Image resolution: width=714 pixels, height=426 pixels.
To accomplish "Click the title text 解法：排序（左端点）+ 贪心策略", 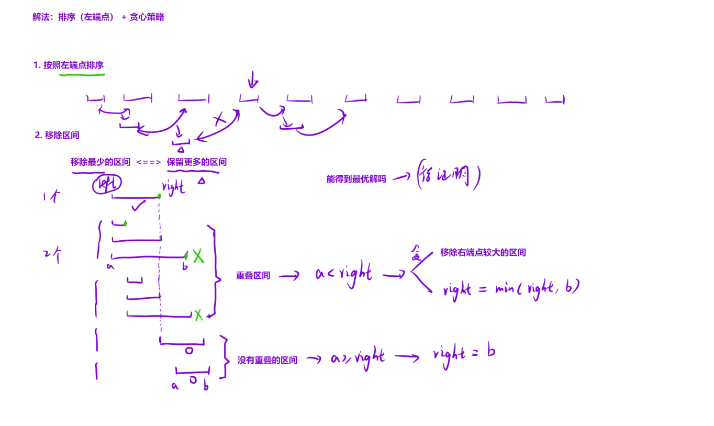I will coord(98,17).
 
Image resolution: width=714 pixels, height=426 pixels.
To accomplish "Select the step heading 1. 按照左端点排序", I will coord(69,65).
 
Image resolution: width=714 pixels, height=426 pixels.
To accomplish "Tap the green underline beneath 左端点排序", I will coord(82,75).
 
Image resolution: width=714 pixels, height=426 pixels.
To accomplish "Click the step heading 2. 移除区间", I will coord(57,135).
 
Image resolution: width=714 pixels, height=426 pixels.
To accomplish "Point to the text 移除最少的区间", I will coord(101,162).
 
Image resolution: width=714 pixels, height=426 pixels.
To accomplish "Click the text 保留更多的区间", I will coord(197,162).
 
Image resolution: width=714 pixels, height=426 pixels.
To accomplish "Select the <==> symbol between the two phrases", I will coord(149,162).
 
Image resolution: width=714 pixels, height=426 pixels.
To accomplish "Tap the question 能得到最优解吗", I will coord(356,179).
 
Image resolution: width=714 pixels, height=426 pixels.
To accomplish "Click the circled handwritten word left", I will coord(107,184).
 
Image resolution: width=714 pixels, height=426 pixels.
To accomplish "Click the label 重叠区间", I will coord(253,275).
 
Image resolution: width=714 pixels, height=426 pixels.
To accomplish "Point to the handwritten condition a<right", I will coord(343,274).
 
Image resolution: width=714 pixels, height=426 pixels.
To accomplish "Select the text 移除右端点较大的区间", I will coord(483,252).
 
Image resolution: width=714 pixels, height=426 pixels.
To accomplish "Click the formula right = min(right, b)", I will coord(511,288).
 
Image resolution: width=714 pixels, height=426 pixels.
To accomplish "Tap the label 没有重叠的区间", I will coord(267,360).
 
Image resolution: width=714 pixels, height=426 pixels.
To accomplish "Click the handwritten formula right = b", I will coord(464,353).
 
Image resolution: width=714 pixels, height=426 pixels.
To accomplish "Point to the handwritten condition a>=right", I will coord(358,358).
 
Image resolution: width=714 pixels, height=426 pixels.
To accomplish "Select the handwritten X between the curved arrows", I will coord(219,120).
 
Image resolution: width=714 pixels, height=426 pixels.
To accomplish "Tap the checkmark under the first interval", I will coord(138,207).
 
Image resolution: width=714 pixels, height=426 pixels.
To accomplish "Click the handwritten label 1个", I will coord(51,197).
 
